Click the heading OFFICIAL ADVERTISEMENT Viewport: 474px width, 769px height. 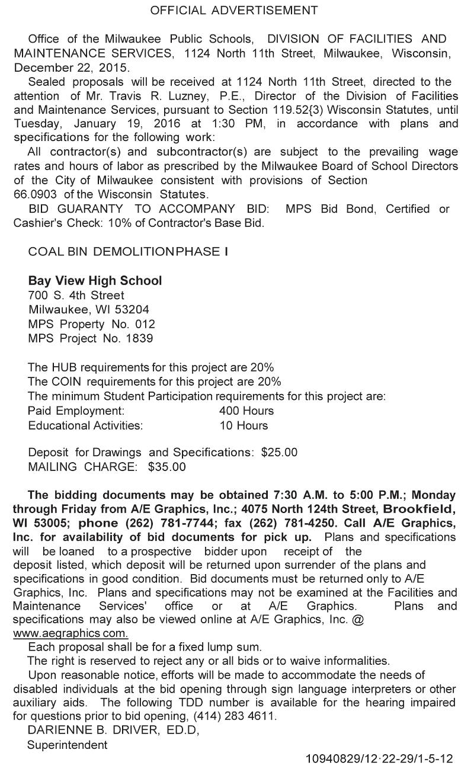233,10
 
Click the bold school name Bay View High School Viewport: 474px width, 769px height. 95,280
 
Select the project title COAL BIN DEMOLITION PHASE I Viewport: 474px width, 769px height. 128,252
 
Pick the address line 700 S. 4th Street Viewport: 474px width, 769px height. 76,295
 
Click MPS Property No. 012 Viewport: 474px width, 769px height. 92,324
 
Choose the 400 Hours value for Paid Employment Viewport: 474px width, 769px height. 246,411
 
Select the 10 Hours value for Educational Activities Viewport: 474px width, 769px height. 244,425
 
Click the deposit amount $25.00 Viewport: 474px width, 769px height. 279,452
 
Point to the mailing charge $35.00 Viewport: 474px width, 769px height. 167,467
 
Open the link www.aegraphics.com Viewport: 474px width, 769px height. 71,633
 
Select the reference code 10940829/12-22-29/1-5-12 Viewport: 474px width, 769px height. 379,758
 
